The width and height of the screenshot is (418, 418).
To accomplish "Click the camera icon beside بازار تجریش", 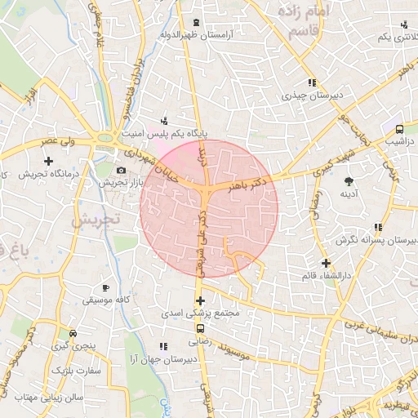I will pos(122,171).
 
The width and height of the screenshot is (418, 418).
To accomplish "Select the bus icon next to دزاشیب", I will pos(399,129).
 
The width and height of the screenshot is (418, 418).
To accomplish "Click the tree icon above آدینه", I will pos(350,180).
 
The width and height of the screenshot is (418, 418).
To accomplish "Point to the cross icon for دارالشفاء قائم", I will pos(326,263).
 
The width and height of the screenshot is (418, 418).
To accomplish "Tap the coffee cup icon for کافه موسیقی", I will pos(105,287).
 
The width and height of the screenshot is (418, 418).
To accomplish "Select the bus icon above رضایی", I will pos(201,329).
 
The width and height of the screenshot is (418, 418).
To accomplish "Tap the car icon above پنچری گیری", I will pos(73,334).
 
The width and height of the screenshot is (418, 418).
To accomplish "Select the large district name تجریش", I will pos(96,220).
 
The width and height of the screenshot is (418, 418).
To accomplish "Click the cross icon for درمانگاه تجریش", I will pos(48,162).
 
